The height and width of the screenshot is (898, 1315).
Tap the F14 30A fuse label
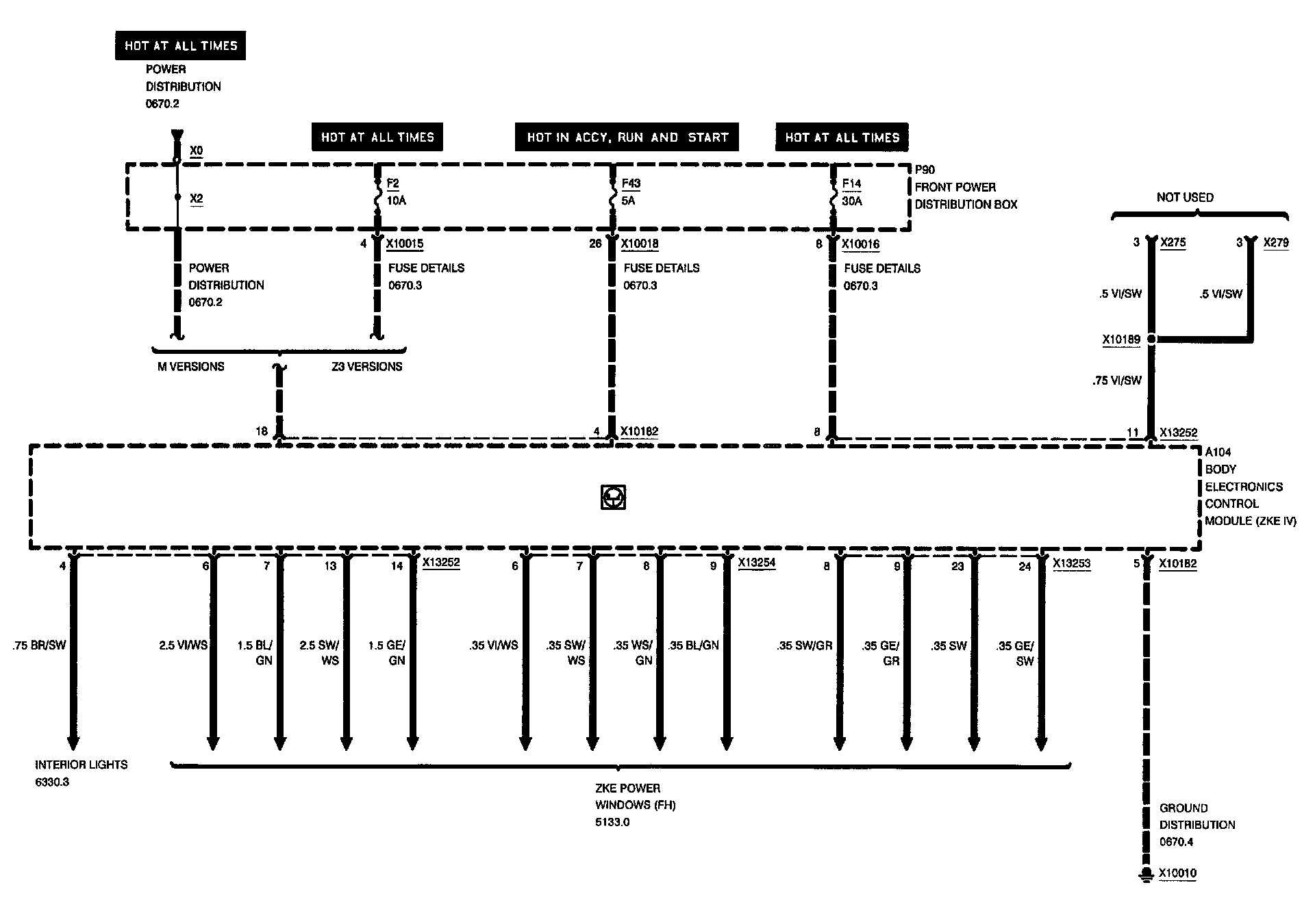tap(852, 192)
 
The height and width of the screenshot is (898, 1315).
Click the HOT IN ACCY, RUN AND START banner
tap(627, 137)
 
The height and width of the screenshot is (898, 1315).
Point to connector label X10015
tap(405, 244)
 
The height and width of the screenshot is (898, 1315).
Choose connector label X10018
tap(640, 244)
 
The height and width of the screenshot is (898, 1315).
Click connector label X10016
tap(861, 244)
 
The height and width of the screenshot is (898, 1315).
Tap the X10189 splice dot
tap(1151, 339)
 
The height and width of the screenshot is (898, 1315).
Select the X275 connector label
tap(1173, 242)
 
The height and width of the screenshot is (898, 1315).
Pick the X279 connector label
tap(1276, 242)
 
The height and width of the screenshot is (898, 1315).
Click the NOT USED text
tap(1185, 197)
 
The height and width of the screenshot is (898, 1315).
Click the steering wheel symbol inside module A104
tap(613, 498)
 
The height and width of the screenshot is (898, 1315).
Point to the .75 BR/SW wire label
tap(39, 645)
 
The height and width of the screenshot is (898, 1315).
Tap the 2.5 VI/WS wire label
tap(183, 645)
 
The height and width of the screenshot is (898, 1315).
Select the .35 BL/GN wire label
tap(694, 645)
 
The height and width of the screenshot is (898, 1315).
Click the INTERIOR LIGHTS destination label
tap(82, 765)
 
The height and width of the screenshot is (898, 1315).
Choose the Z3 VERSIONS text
tap(366, 367)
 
